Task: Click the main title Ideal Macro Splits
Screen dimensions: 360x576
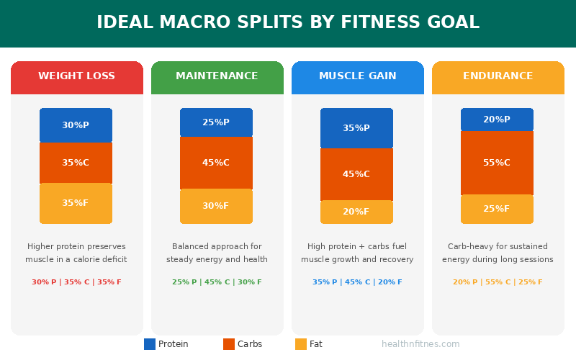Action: pyautogui.click(x=288, y=23)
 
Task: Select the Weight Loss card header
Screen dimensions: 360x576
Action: pyautogui.click(x=76, y=77)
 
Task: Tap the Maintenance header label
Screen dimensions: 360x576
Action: pyautogui.click(x=217, y=76)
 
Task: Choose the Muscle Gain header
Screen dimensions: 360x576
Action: pyautogui.click(x=357, y=76)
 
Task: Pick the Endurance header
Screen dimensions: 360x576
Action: pyautogui.click(x=498, y=76)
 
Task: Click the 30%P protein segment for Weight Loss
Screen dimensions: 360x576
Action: pyautogui.click(x=76, y=125)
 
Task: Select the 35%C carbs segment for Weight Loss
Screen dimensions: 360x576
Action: pyautogui.click(x=76, y=163)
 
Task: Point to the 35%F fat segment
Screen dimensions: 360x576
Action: pyautogui.click(x=76, y=203)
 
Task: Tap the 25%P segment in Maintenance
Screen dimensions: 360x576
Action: pyautogui.click(x=216, y=122)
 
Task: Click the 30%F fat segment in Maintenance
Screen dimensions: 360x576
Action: pyautogui.click(x=216, y=206)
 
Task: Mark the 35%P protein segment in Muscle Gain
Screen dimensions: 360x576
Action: pyautogui.click(x=356, y=128)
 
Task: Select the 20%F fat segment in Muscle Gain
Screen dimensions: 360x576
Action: pyautogui.click(x=356, y=212)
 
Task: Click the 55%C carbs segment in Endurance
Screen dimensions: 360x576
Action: pyautogui.click(x=497, y=163)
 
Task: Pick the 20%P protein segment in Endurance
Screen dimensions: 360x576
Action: pyautogui.click(x=497, y=120)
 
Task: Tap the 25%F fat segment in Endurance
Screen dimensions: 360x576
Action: pyautogui.click(x=497, y=209)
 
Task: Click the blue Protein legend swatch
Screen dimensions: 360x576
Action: pyautogui.click(x=150, y=344)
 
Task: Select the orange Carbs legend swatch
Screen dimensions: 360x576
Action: pyautogui.click(x=229, y=344)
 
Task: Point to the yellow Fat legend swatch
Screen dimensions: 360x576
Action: pyautogui.click(x=301, y=344)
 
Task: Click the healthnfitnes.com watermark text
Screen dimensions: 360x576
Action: pyautogui.click(x=420, y=344)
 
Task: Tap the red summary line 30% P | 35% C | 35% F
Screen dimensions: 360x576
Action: pyautogui.click(x=76, y=282)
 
